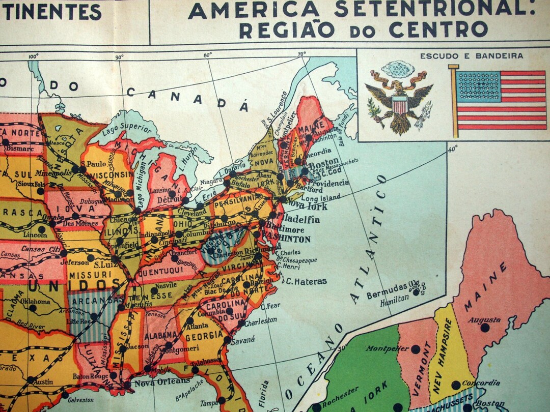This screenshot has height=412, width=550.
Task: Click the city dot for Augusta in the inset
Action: pos(485,328)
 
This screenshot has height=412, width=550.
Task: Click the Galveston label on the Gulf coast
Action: pos(79,400)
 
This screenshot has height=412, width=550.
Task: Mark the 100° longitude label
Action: pos(34,56)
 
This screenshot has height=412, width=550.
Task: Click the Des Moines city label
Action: pos(76,223)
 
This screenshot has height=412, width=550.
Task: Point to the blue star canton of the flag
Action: pos(478,86)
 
